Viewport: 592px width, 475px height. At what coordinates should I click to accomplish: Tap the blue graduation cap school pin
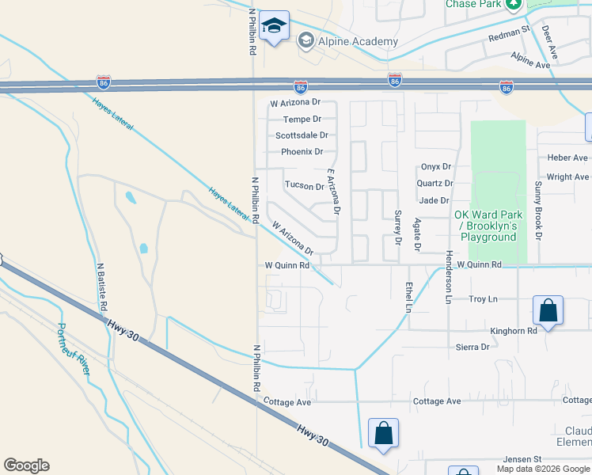(275, 28)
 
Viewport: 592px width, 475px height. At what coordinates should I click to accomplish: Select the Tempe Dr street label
(302, 119)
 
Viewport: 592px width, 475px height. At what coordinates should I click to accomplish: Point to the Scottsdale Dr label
(302, 135)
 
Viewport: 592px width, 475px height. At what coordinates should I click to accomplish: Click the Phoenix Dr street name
(302, 151)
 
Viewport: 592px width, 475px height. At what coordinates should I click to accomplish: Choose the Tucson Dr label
(305, 186)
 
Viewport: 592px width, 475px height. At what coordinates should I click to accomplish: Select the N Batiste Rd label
(101, 287)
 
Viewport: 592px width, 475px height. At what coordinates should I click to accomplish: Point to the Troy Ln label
(483, 299)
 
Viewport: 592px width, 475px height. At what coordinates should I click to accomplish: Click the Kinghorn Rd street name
(513, 331)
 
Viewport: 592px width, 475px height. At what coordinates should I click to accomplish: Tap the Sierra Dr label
(472, 347)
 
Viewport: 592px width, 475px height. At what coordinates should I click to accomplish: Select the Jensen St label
(522, 459)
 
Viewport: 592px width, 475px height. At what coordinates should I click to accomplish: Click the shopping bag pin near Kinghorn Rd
(548, 311)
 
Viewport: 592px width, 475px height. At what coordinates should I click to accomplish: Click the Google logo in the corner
(26, 465)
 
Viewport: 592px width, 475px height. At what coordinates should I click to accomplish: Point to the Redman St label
(509, 32)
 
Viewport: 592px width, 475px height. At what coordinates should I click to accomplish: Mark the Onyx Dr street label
(435, 167)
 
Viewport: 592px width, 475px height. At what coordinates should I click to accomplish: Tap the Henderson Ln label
(448, 278)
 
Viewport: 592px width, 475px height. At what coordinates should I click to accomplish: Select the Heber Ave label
(567, 158)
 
